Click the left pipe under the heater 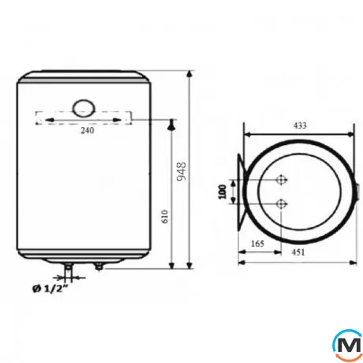pos(69,271)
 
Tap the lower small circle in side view pos(281,205)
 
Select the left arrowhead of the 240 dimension pos(39,119)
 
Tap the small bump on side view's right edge pos(357,191)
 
